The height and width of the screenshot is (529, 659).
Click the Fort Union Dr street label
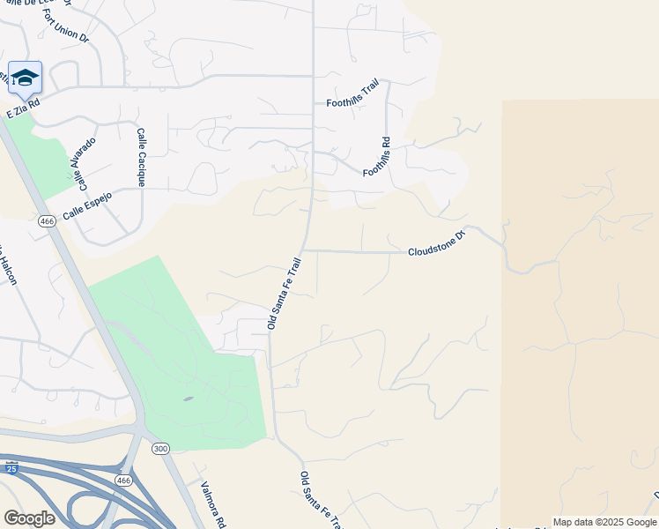point(67,26)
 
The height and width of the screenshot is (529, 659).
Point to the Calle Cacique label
point(140,157)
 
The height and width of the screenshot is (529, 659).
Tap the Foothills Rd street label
point(376,157)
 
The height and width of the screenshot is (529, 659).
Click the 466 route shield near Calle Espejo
point(48,221)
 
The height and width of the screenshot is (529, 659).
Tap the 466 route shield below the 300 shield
point(122,479)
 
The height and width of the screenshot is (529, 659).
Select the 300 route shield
point(159,449)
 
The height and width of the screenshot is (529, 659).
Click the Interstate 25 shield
point(11,468)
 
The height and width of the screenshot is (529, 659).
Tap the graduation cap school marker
point(25,78)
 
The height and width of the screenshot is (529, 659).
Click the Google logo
point(29,518)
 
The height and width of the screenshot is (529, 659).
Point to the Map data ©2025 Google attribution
point(603,522)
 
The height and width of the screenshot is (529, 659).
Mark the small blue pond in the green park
point(189,399)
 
